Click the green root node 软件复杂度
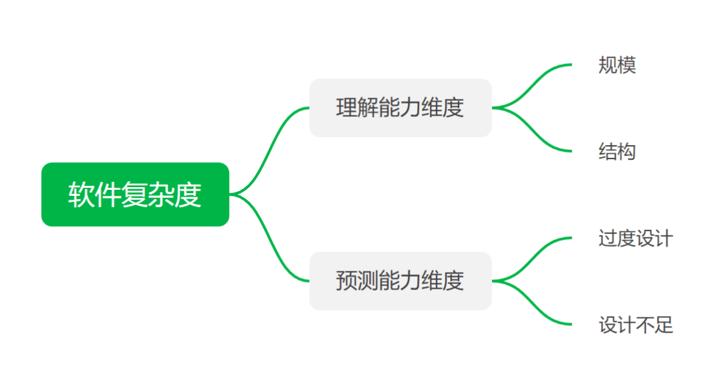point(135,195)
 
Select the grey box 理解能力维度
point(400,108)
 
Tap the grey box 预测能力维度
point(400,281)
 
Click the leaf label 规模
point(617,66)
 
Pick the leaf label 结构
point(617,152)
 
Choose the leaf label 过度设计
point(635,239)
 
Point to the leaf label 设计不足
point(635,326)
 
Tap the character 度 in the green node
point(189,195)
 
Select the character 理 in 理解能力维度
point(346,108)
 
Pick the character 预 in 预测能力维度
point(346,281)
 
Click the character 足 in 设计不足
point(664,326)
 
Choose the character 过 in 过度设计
point(608,239)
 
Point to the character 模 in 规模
point(626,66)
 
